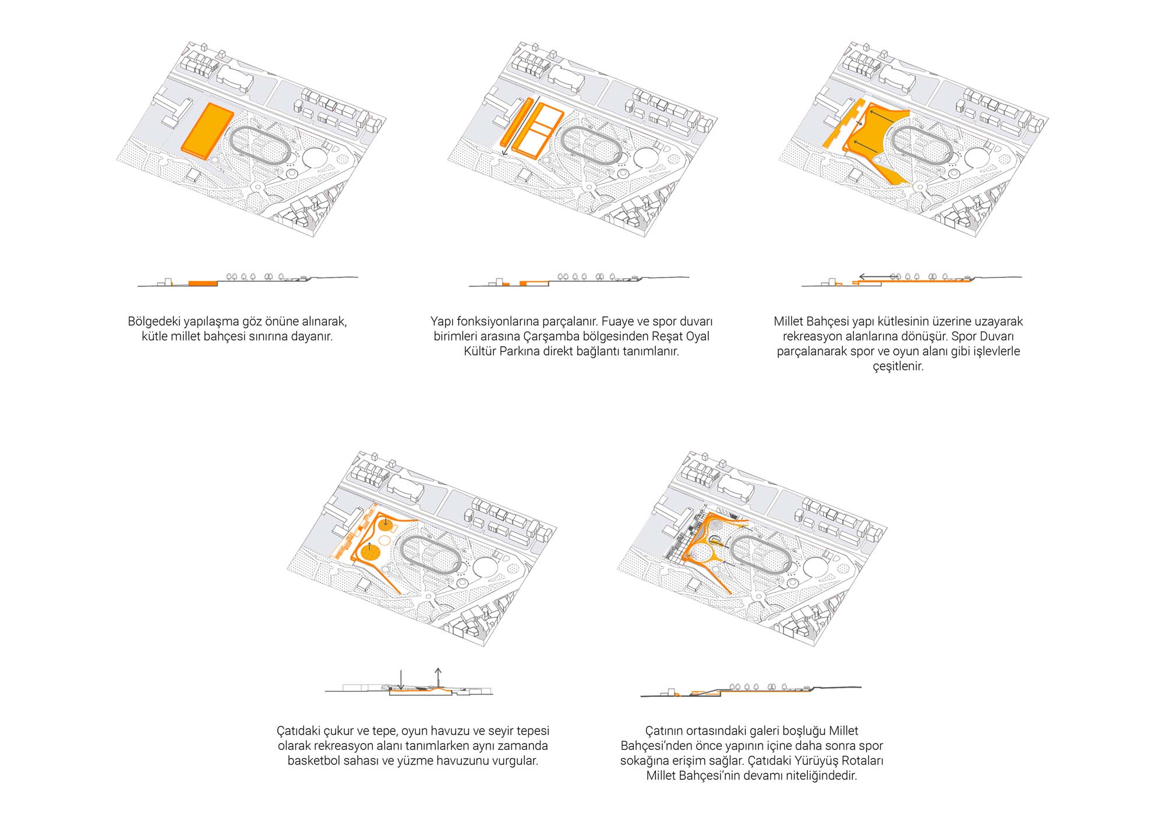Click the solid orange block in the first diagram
(x=207, y=131)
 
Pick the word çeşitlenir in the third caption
(x=898, y=367)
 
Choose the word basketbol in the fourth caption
(x=313, y=760)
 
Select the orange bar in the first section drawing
(x=202, y=283)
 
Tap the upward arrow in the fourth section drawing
(x=438, y=677)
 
